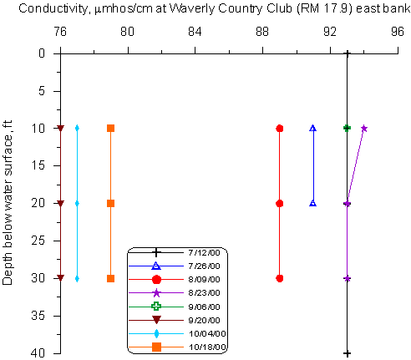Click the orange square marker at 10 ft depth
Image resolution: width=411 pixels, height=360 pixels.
(x=111, y=129)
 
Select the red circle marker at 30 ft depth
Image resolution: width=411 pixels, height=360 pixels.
(x=280, y=278)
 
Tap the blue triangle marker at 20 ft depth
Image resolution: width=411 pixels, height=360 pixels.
(x=313, y=203)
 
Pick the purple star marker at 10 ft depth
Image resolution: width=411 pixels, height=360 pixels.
(x=364, y=129)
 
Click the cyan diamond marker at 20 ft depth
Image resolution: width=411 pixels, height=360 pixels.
(x=77, y=204)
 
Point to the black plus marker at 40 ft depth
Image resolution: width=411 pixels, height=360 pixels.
(x=347, y=353)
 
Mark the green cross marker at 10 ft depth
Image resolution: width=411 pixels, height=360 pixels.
(x=347, y=128)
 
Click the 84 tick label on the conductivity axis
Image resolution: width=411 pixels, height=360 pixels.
(x=195, y=32)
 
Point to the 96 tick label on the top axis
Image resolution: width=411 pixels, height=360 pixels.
(x=398, y=32)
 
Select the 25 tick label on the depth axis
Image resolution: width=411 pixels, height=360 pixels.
(x=38, y=241)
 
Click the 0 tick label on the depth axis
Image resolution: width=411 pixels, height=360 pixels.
(x=42, y=53)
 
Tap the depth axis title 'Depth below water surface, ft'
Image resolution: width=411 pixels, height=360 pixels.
(x=8, y=202)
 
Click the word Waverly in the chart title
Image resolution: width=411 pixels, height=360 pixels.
(x=192, y=8)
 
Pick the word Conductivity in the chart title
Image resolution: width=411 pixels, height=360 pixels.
(x=53, y=8)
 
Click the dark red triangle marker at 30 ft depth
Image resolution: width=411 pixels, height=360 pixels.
(x=60, y=278)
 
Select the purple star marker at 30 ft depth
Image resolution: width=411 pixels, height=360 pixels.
(x=347, y=278)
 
